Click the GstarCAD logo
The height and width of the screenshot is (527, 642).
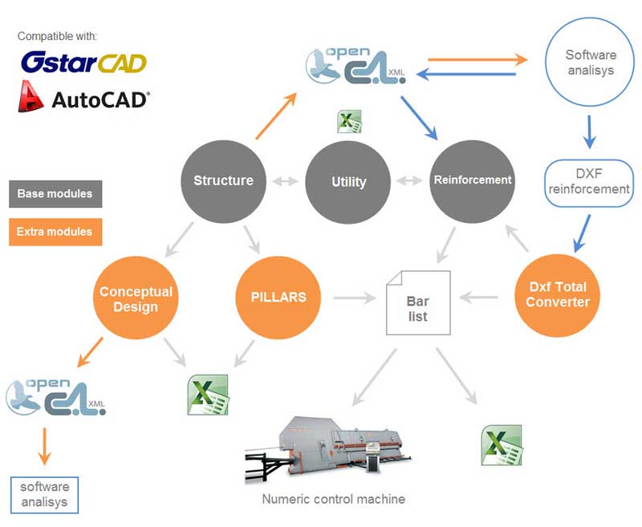pos(83,63)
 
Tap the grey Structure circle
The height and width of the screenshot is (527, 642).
pos(223,180)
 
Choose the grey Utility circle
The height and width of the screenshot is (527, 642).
pos(348,182)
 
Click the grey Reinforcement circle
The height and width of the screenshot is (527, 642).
pos(473,180)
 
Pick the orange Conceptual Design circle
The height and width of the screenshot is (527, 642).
pos(136,298)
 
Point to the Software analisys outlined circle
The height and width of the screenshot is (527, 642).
pos(591,63)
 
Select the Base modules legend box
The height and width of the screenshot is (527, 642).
pos(55,194)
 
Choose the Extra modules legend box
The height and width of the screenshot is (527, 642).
pos(55,232)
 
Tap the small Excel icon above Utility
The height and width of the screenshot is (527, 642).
pos(349,122)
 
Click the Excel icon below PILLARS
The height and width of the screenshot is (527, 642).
pos(208,395)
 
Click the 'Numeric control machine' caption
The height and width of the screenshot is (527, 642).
pos(333,499)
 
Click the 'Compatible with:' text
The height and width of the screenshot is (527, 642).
pos(57,37)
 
